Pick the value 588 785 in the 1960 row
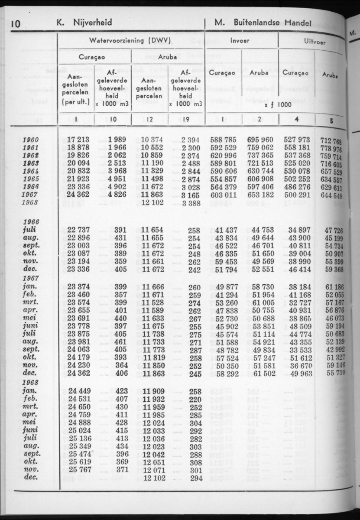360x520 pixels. point(223,140)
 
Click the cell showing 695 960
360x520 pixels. point(260,140)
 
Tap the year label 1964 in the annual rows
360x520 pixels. point(30,171)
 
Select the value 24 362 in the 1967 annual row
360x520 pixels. point(78,195)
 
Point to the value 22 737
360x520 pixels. point(78,230)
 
